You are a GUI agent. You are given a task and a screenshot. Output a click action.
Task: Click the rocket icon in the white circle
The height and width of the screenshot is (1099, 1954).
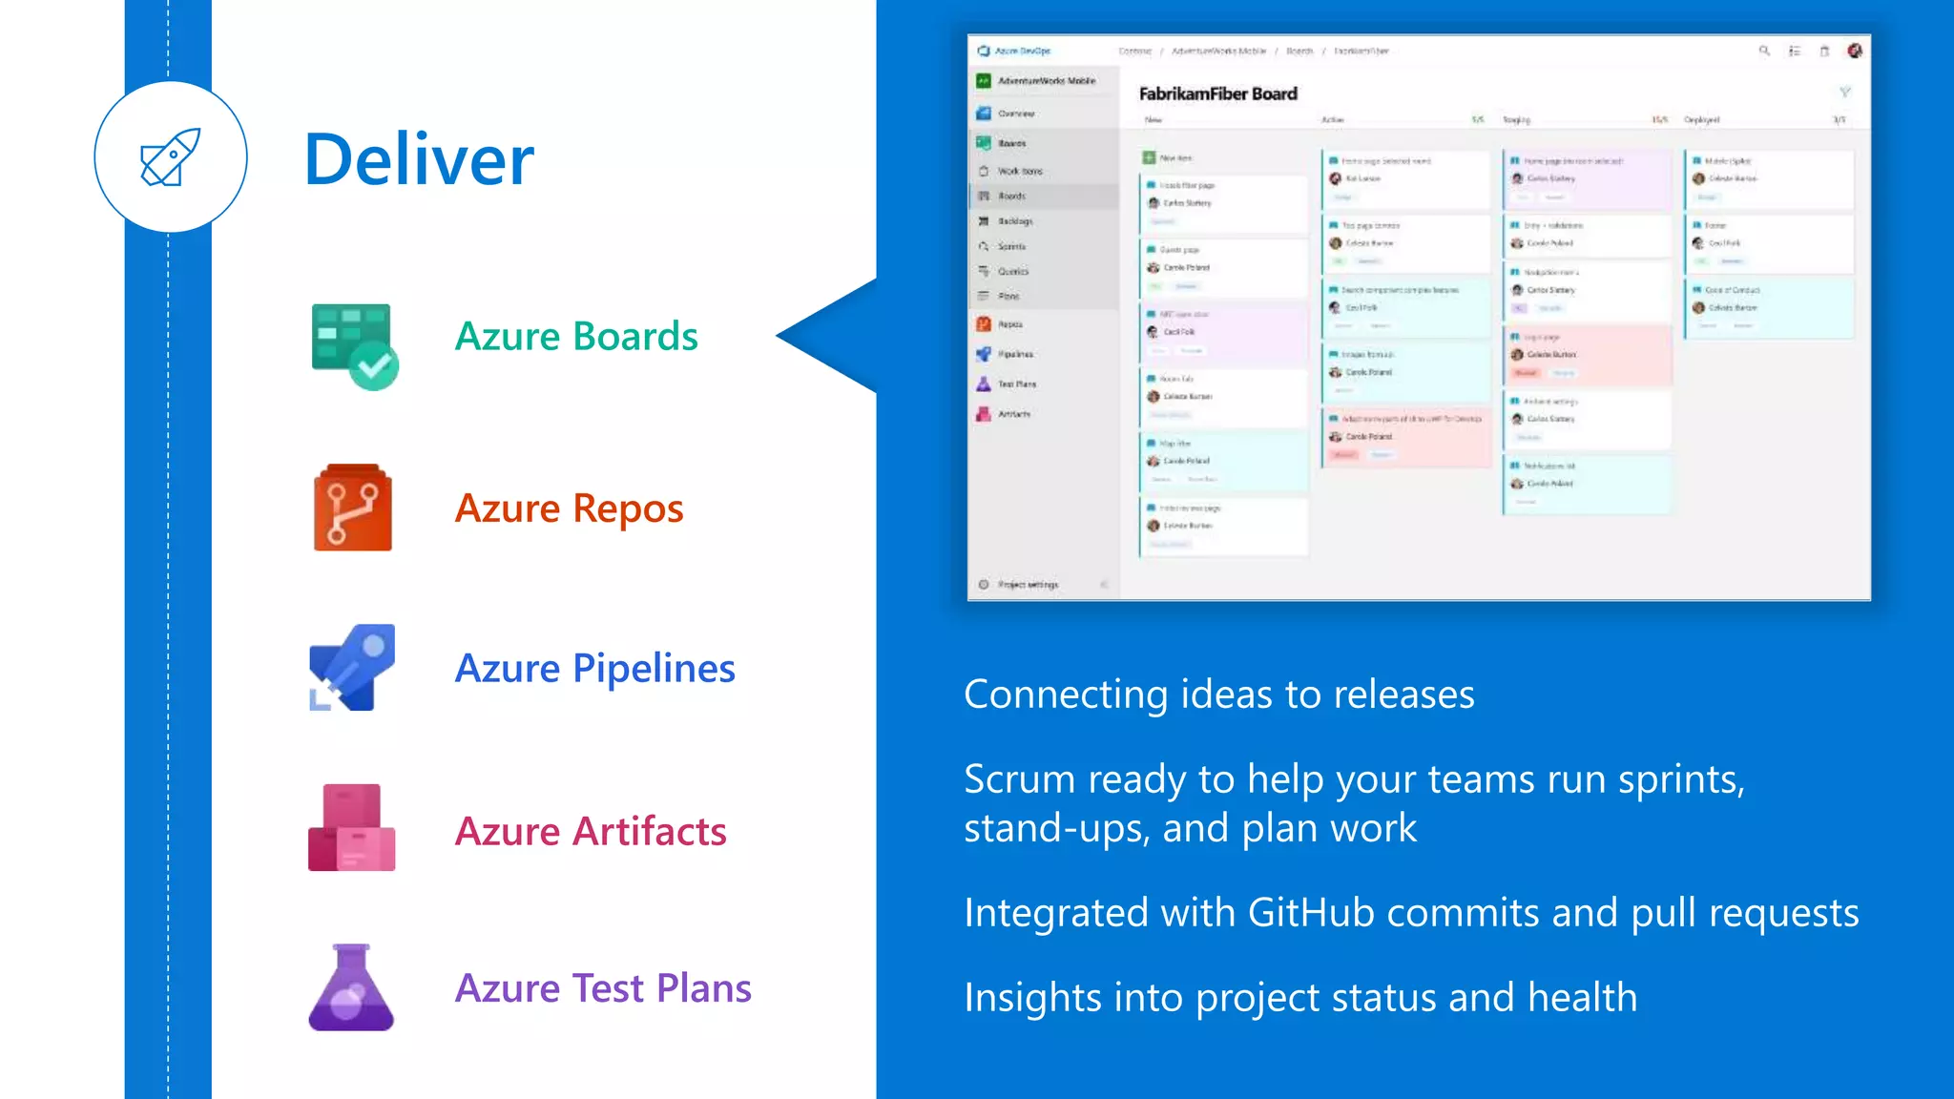171,157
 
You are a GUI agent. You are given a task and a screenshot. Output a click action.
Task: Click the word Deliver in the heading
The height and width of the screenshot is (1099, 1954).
419,159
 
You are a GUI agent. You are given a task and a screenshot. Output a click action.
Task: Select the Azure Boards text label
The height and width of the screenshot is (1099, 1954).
576,337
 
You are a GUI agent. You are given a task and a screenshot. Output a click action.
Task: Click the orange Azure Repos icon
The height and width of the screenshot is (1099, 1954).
352,508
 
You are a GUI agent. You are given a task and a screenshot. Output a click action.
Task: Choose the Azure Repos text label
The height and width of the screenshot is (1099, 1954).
570,508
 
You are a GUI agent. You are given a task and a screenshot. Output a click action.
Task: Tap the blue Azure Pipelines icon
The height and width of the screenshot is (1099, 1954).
352,668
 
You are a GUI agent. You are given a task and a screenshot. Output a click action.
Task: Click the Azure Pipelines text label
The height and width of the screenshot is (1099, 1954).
594,668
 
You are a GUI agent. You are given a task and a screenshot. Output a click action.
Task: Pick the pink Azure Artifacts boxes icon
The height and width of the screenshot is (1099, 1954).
351,828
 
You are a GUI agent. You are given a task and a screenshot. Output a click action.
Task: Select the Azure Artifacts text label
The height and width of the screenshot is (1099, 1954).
591,831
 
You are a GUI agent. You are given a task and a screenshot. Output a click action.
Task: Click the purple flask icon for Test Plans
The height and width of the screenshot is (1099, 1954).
351,988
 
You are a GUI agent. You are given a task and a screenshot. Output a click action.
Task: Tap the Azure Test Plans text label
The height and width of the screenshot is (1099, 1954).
603,988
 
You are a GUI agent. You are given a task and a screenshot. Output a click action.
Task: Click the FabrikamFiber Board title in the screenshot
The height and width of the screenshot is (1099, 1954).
1217,93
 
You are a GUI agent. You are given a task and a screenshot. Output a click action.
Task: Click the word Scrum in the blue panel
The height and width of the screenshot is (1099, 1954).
1006,779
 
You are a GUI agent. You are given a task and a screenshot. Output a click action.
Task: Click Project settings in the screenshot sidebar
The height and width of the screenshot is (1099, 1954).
1027,584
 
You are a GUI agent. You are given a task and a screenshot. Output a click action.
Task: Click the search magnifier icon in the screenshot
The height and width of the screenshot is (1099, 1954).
1764,51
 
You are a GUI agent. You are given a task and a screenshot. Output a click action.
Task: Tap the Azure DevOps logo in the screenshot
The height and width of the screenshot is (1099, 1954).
985,51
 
